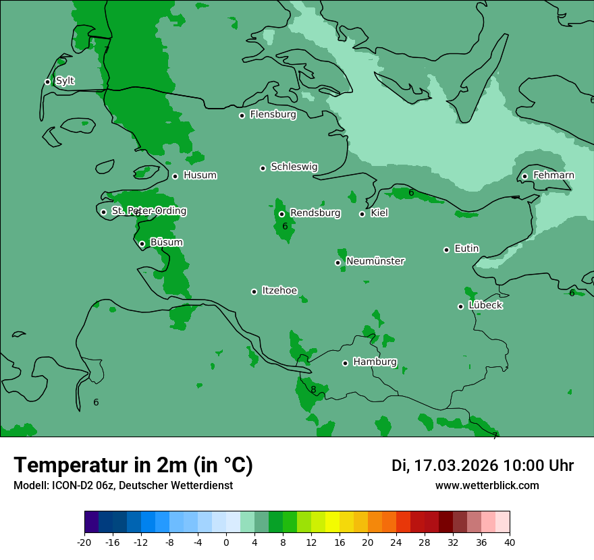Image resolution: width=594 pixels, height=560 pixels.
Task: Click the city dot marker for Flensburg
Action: click(x=242, y=115)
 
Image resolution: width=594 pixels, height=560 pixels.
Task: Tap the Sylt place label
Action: click(x=65, y=81)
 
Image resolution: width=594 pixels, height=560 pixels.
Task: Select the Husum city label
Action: click(x=200, y=175)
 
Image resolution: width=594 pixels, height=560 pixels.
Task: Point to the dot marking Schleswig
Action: click(x=263, y=168)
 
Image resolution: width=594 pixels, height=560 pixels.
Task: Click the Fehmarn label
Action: click(x=553, y=175)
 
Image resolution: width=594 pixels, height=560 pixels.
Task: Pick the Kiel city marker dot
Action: click(x=362, y=214)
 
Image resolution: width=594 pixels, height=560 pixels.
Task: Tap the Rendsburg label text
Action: click(x=315, y=213)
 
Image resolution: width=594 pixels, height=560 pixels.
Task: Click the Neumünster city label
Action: click(x=375, y=261)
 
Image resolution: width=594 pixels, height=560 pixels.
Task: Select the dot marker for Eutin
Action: click(x=446, y=250)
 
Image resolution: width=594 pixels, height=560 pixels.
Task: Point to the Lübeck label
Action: click(x=485, y=305)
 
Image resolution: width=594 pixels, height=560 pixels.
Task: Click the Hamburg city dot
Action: click(x=345, y=363)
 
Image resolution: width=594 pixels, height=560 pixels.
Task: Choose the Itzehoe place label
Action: click(x=279, y=291)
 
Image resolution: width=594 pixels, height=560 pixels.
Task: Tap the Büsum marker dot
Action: click(x=142, y=244)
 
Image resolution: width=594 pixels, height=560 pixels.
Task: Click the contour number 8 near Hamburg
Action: click(x=313, y=389)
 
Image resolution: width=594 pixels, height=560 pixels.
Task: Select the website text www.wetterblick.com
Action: click(x=487, y=485)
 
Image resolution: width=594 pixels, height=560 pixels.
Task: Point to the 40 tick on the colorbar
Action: click(x=510, y=542)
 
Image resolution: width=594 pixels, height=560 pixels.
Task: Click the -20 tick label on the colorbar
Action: click(x=84, y=542)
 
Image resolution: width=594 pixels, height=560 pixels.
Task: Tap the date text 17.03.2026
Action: click(x=456, y=466)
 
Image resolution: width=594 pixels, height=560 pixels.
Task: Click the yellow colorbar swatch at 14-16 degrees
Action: click(x=332, y=522)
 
